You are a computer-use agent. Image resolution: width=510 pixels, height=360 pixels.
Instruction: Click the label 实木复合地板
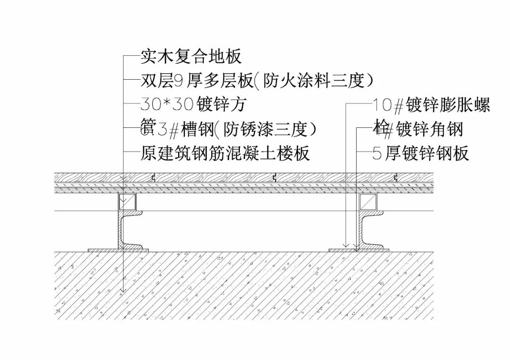191,57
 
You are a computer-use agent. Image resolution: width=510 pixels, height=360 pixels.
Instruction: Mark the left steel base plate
118,250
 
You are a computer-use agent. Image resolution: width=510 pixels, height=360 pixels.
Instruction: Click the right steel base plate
359,250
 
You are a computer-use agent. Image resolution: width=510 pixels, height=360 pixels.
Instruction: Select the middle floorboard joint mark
275,178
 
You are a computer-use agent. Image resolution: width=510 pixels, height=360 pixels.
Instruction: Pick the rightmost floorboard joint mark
396,178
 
